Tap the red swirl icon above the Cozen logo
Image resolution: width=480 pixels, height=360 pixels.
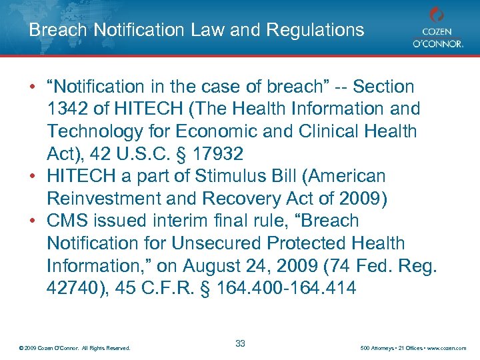[x=437, y=14]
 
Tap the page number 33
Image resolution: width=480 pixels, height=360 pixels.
[x=240, y=343]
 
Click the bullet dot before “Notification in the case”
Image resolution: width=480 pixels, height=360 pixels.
[x=33, y=87]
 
